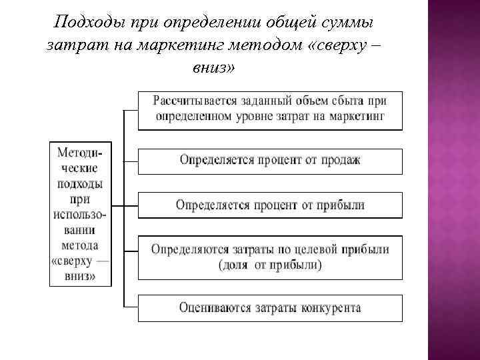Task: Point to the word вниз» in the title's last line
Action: tap(213, 68)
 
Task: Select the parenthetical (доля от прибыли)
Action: tap(270, 265)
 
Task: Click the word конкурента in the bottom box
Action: tap(329, 308)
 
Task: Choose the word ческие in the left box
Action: tap(79, 169)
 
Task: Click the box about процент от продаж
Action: tap(270, 161)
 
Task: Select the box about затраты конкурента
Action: tap(270, 308)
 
